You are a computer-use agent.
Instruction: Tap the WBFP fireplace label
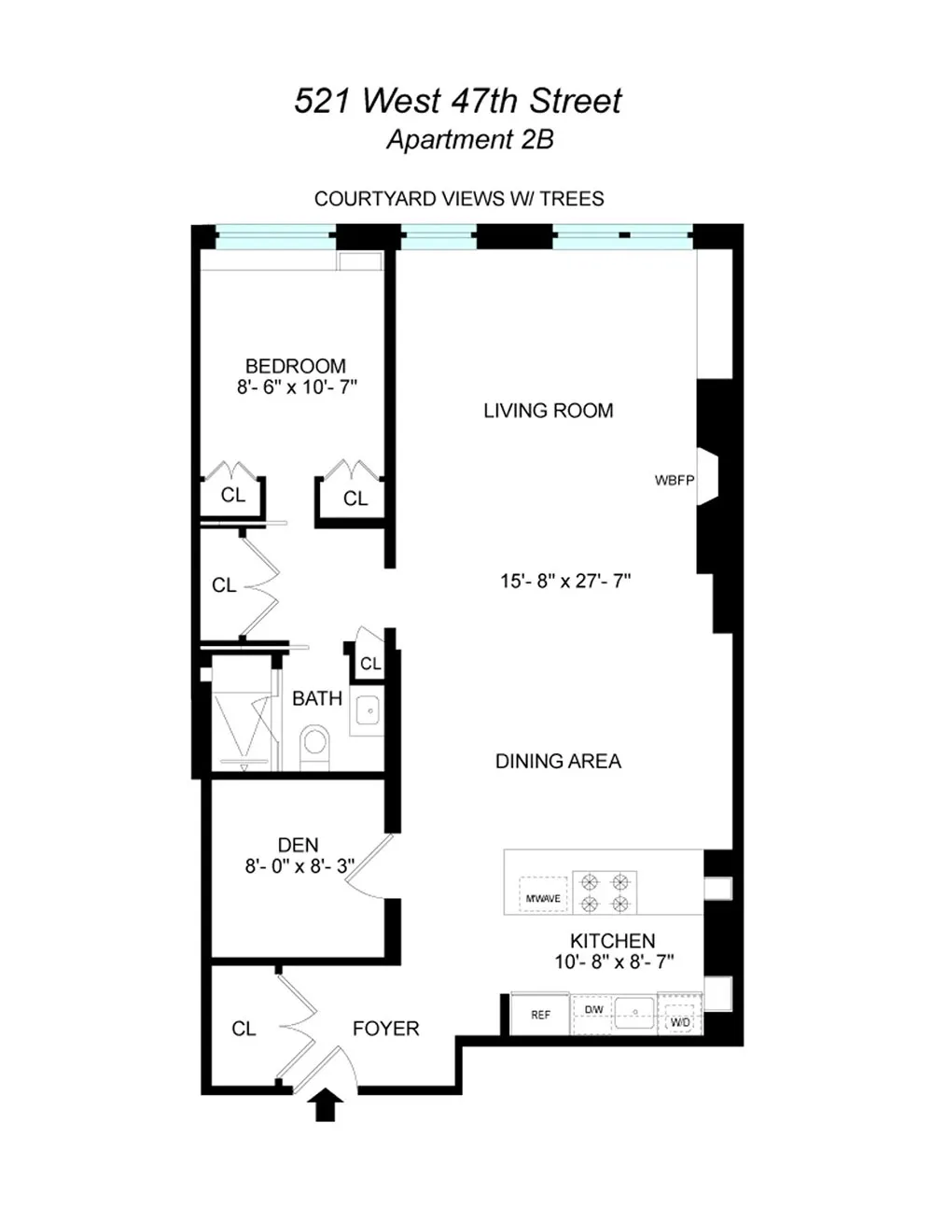pos(675,481)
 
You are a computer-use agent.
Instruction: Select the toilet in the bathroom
pos(314,747)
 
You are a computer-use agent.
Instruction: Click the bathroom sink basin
pos(368,710)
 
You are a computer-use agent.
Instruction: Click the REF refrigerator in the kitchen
pos(540,1015)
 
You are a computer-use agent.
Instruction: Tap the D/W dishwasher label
pos(593,1009)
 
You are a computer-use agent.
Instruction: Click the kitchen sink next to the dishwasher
pos(635,1013)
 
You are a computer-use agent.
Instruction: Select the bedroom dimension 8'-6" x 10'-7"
pos(297,386)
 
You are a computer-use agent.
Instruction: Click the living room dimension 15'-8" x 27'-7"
pos(565,581)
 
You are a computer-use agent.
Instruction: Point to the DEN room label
pos(298,845)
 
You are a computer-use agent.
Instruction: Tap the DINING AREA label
pos(558,761)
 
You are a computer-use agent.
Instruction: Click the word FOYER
pos(385,1029)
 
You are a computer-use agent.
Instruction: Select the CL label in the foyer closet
pos(244,1029)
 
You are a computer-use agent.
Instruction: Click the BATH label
pos(317,698)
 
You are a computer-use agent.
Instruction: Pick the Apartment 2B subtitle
pos(470,139)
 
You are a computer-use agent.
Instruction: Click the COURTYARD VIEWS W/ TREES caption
pos(459,199)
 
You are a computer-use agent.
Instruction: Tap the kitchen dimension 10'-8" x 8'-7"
pos(614,961)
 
